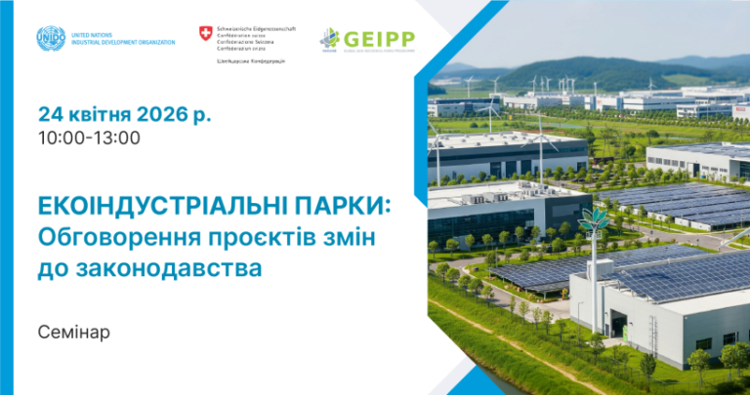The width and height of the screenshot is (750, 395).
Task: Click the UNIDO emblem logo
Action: coord(51,39)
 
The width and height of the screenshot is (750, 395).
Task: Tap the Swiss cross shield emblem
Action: coord(205,34)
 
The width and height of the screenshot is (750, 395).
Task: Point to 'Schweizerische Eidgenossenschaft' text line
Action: coord(256,29)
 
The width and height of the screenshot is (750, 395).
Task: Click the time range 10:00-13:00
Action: coord(89,138)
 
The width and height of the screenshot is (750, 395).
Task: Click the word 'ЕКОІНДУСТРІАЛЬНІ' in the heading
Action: coord(155,207)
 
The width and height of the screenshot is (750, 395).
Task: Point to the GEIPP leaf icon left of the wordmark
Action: coord(330,39)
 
